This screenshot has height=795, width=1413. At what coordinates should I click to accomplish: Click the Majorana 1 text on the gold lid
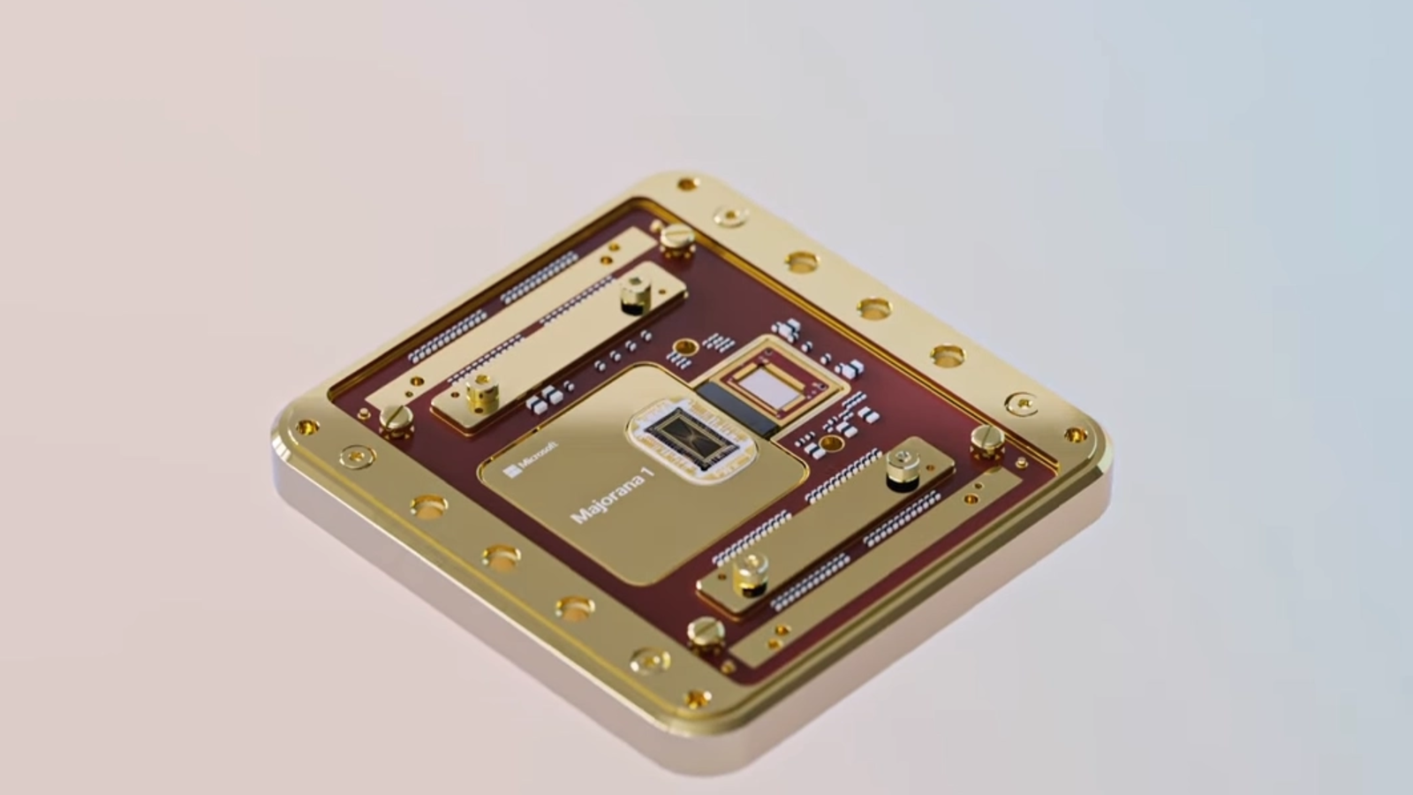612,495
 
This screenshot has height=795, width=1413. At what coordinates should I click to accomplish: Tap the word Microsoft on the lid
538,456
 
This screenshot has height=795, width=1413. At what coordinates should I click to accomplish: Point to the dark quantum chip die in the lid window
692,438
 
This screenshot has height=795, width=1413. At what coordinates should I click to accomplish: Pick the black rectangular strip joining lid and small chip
737,409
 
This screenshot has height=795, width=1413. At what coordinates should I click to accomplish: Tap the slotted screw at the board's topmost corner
677,238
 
